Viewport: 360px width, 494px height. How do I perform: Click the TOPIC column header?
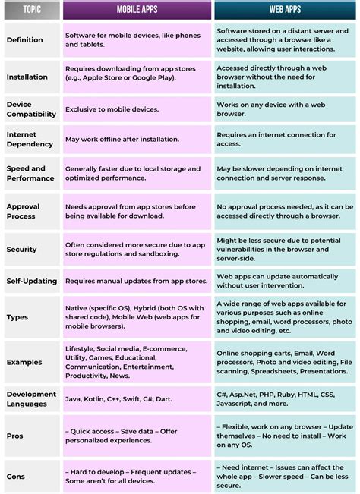tap(32, 11)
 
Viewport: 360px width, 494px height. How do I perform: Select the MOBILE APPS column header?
tap(137, 11)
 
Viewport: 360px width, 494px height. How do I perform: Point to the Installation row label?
tap(27, 77)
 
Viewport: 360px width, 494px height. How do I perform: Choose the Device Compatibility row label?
tap(31, 109)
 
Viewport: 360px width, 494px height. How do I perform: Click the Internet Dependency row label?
tap(30, 139)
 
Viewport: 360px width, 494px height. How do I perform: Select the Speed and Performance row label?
tap(30, 173)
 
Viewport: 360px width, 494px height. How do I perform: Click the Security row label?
tap(21, 249)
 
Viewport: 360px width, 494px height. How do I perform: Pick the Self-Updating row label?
tap(31, 281)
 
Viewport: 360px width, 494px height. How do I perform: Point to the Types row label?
tap(17, 318)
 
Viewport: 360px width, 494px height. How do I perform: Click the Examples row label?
tap(24, 362)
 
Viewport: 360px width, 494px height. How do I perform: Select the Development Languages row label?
tap(31, 398)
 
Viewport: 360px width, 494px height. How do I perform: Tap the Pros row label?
tap(15, 436)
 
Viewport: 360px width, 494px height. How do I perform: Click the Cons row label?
tap(15, 477)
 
